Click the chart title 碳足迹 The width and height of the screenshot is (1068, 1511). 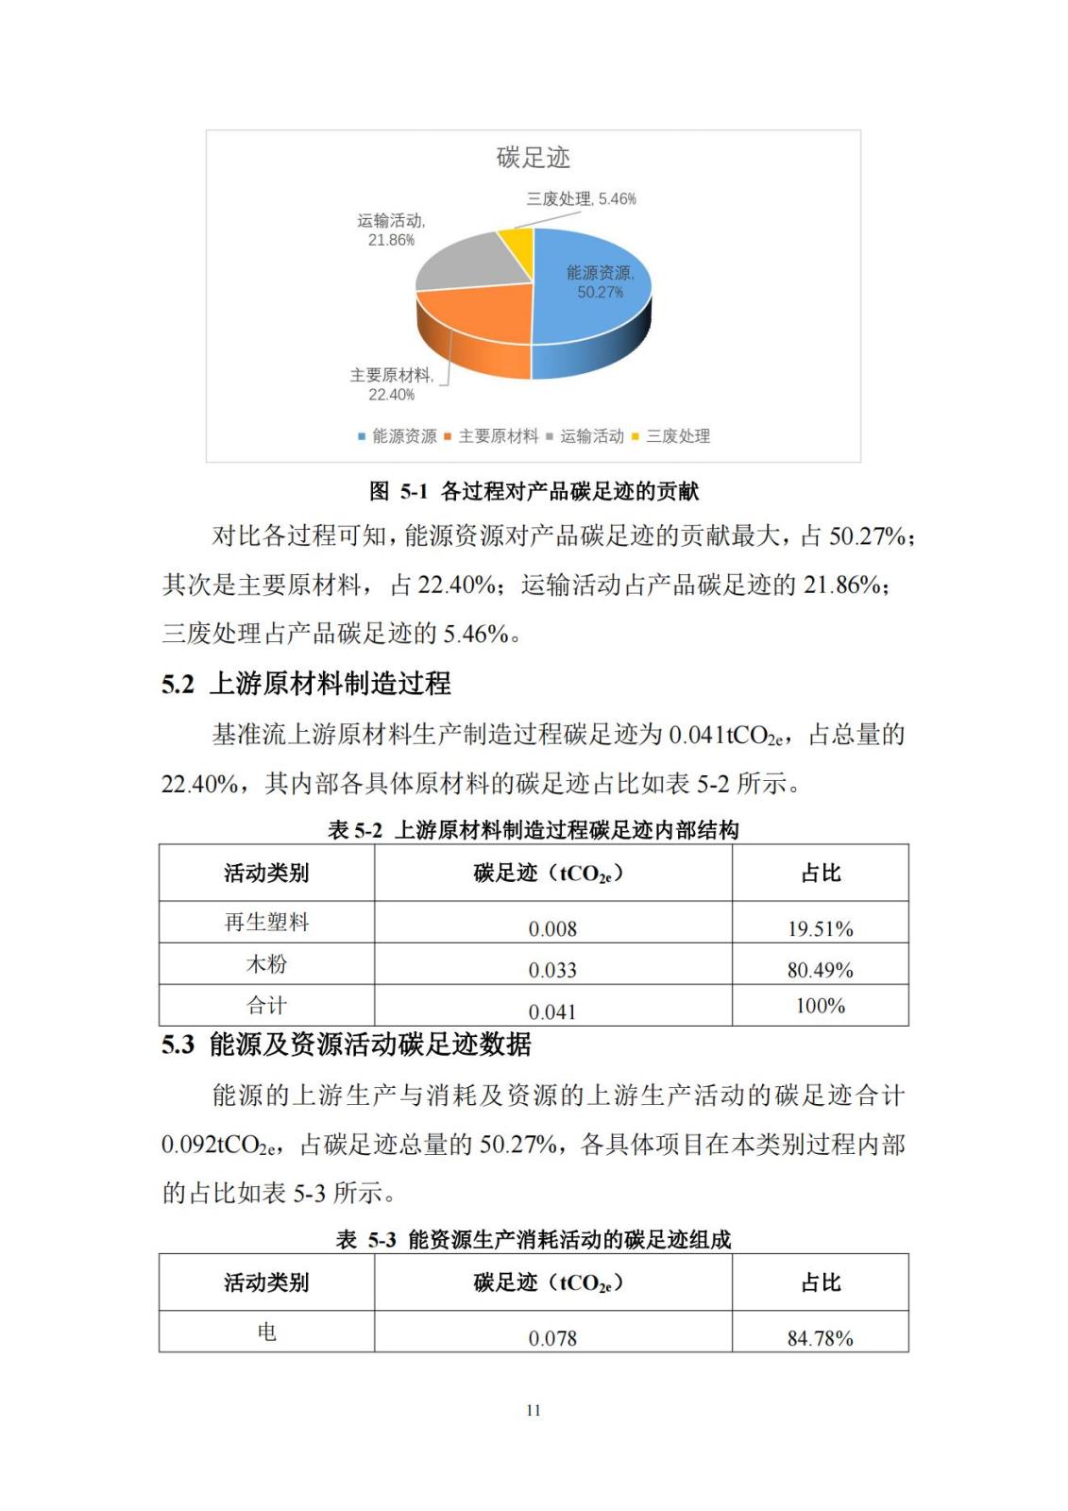point(534,158)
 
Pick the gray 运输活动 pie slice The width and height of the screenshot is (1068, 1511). point(463,260)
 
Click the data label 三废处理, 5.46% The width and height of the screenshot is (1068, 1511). point(581,199)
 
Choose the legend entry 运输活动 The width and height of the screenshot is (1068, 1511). point(591,436)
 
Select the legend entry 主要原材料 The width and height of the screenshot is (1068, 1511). point(498,436)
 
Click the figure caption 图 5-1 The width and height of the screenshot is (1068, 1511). point(534,491)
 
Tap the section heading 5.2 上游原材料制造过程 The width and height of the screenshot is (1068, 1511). point(306,684)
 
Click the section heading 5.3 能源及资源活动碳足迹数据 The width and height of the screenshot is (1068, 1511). point(346,1044)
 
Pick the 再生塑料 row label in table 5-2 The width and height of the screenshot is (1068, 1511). point(266,923)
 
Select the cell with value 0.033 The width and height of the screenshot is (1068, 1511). point(552,970)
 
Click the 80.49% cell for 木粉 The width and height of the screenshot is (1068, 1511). point(820,970)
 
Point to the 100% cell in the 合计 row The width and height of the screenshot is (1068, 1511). point(820,1006)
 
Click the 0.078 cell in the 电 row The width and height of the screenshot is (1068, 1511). point(552,1338)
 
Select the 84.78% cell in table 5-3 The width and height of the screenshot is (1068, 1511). point(820,1338)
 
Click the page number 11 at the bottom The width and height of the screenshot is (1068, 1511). point(534,1410)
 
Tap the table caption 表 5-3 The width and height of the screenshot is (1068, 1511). point(534,1240)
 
